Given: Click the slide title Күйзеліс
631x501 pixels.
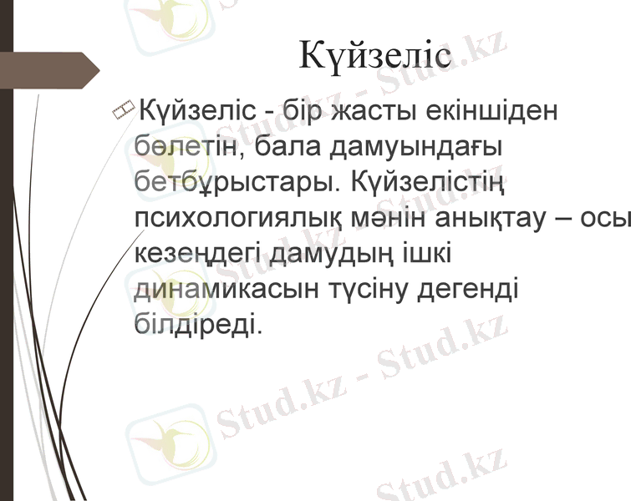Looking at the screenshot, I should click(375, 57).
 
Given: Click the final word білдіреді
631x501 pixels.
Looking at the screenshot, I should click(199, 323).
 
